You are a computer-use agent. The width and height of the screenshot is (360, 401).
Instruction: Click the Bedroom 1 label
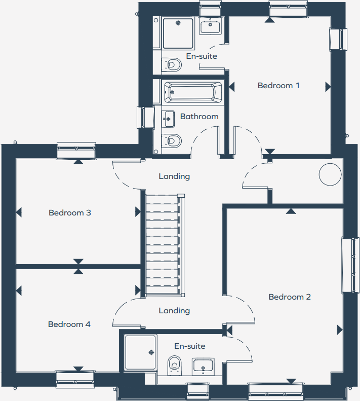tap(278, 85)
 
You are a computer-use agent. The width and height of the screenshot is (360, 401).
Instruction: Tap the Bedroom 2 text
tap(290, 297)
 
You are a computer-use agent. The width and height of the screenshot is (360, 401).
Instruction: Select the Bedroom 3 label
tap(70, 212)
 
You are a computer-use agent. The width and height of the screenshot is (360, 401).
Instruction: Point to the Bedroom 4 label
tap(69, 324)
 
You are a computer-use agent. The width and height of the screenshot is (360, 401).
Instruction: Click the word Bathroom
tap(199, 117)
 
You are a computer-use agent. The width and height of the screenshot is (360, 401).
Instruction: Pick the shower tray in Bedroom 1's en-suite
tap(178, 33)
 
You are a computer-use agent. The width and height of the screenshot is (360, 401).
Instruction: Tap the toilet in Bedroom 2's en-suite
tap(175, 364)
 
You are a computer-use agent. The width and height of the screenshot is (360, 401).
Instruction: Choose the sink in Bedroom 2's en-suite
tap(203, 367)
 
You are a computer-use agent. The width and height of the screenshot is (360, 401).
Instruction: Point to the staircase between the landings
tap(163, 243)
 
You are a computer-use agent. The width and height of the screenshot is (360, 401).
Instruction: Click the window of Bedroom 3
tap(76, 151)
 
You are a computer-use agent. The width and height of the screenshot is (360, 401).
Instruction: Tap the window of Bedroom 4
tap(75, 379)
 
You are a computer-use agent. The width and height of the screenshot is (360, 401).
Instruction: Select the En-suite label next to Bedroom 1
tap(202, 56)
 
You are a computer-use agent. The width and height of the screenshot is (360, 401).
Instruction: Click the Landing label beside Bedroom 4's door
tap(174, 310)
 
